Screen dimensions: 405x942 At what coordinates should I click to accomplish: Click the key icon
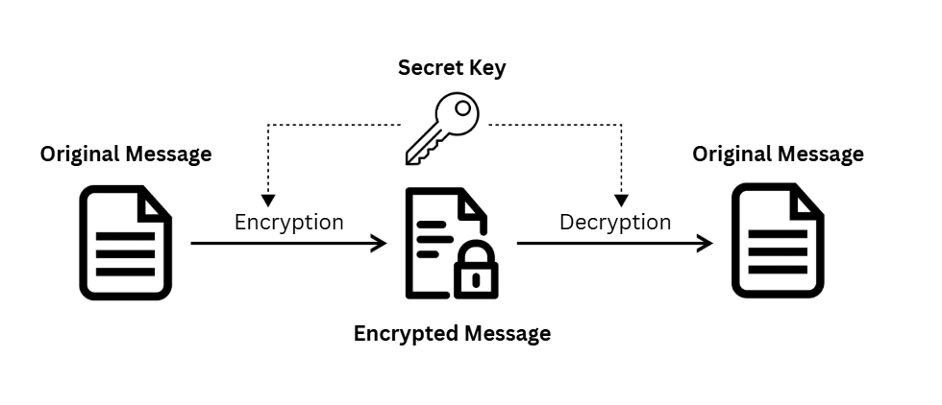pos(442,128)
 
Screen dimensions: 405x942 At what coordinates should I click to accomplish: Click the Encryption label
pos(288,222)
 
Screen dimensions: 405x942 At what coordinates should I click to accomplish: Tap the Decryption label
pos(615,222)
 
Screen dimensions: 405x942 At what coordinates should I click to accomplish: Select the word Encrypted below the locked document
pos(407,334)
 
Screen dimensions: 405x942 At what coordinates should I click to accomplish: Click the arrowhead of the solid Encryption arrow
pos(379,244)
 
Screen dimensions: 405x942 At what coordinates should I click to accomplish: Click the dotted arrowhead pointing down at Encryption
pos(269,201)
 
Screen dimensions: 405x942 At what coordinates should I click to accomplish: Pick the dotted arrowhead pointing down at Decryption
pos(622,201)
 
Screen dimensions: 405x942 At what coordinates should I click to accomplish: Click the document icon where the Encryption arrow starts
pos(125,242)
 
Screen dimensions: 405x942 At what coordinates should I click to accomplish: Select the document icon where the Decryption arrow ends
pos(778,240)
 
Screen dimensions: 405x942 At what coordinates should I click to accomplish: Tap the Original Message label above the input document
pos(126,154)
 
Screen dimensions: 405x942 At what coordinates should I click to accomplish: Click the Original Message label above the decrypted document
pos(778,154)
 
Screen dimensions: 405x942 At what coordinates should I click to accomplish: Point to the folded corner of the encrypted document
pos(472,202)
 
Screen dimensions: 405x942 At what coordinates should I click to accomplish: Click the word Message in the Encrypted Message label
pos(507,334)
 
